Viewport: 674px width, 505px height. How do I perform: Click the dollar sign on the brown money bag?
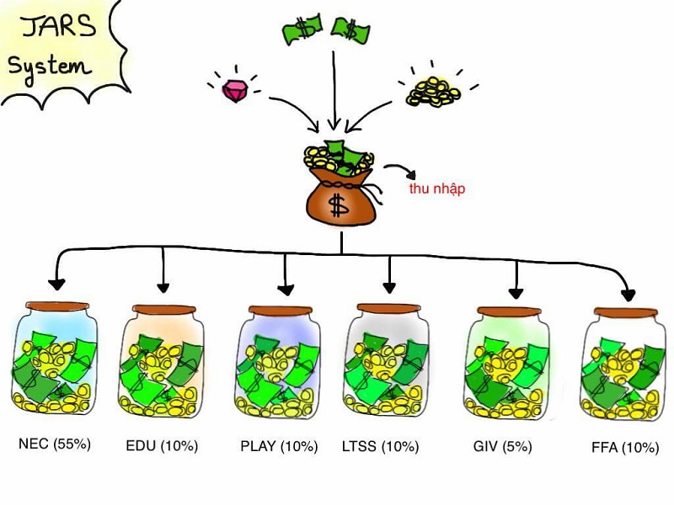[339, 204]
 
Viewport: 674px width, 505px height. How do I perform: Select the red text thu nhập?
[436, 189]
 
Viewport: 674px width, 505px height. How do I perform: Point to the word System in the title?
[49, 65]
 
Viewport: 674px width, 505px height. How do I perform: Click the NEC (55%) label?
[54, 443]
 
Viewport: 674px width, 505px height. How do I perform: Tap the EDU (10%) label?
[161, 445]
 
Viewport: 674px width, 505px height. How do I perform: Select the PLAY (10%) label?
[278, 445]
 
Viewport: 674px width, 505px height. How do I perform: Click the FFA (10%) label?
[625, 448]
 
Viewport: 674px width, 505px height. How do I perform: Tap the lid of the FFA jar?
[623, 311]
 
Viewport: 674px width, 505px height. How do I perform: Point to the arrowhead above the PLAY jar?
[286, 289]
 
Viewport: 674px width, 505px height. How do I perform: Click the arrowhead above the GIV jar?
[516, 292]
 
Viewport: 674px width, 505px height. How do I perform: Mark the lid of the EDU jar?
[163, 309]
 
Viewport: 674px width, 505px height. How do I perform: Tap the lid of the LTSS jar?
[388, 308]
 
